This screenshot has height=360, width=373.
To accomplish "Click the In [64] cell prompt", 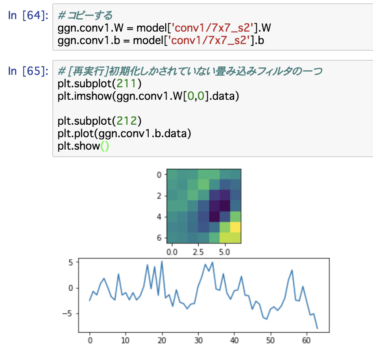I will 28,16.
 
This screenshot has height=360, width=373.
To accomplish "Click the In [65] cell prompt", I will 28,71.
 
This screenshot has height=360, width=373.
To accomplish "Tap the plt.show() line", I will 83,146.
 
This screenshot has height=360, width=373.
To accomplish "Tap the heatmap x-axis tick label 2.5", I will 198,252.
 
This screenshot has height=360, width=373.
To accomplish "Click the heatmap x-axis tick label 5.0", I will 225,252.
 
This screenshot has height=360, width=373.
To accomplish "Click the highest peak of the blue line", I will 162,261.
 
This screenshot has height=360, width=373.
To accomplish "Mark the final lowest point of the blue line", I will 317,328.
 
